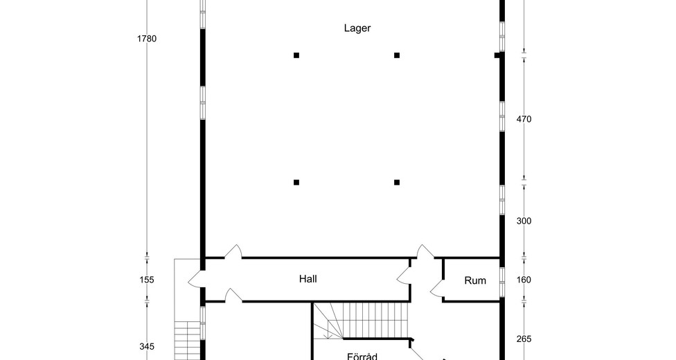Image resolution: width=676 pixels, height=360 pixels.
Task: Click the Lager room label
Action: [x=357, y=28]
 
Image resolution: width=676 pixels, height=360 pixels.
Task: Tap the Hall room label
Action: [x=308, y=279]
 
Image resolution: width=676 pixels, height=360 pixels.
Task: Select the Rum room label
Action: [x=475, y=280]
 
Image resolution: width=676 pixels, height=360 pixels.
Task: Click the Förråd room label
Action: [x=362, y=356]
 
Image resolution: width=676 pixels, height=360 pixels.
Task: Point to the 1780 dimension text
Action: [x=147, y=39]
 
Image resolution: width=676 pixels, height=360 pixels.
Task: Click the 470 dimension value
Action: [x=524, y=120]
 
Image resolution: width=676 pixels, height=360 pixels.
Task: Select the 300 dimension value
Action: [x=524, y=221]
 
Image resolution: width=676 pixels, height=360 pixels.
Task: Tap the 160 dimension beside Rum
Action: [x=524, y=280]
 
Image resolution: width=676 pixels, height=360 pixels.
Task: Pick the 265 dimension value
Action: [x=524, y=339]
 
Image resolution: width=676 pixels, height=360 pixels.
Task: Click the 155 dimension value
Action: [x=147, y=280]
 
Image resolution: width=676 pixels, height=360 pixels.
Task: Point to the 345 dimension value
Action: [x=147, y=347]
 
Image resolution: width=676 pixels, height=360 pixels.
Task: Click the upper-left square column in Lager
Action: [x=296, y=55]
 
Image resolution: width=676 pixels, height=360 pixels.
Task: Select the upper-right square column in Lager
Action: [x=397, y=55]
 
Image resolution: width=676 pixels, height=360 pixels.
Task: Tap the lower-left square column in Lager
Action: [x=296, y=182]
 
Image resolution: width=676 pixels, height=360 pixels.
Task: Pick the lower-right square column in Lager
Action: [x=397, y=182]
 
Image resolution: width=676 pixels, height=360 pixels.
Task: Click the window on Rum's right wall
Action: [x=502, y=282]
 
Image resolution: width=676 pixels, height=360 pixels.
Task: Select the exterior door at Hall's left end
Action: [x=195, y=280]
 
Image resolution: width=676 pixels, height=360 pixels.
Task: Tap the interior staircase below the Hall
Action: [x=360, y=321]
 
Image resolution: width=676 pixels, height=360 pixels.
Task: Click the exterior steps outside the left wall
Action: [x=188, y=341]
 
